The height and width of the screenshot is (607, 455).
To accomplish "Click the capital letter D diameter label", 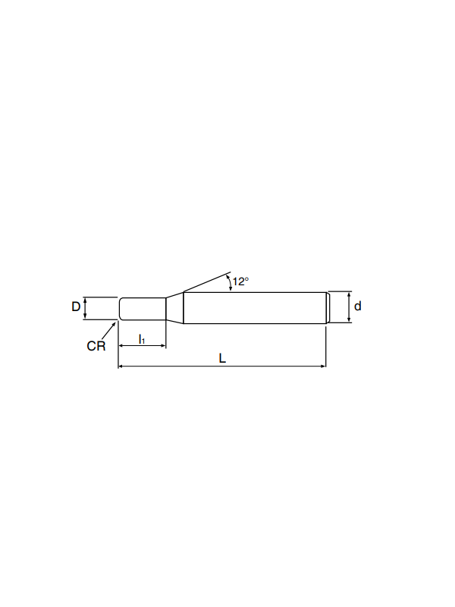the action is pos(75,307).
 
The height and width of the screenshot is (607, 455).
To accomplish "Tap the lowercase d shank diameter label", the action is pos(357,307).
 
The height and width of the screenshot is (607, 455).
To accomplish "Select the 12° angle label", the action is pos(240,281).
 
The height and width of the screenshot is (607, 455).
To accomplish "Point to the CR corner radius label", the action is pos(96,346).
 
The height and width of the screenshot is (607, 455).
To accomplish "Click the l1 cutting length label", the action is pos(142,339).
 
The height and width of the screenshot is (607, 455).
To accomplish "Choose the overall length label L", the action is pos(222,358).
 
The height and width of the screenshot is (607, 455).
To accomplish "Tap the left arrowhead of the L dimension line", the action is pos(121,366).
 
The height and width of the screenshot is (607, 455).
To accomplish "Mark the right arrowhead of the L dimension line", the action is pos(324,366).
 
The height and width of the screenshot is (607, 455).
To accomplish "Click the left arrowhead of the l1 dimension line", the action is pos(121,345).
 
